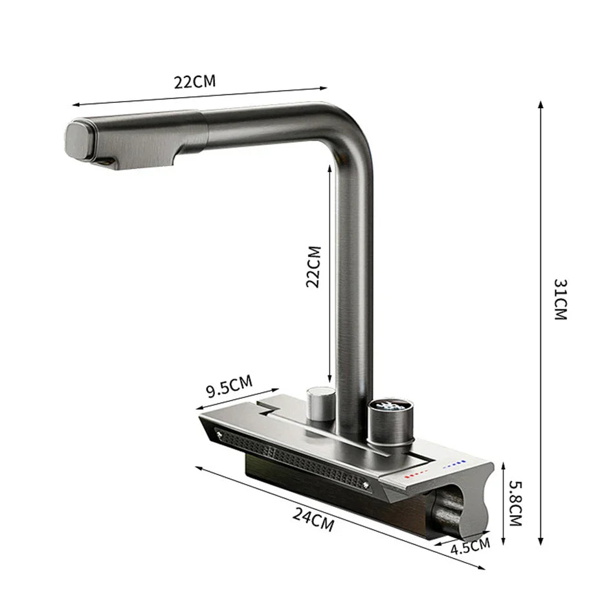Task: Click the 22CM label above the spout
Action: tap(194, 82)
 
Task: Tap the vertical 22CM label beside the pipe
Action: tap(314, 266)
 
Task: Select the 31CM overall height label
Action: tap(560, 299)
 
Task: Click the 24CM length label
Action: tap(313, 519)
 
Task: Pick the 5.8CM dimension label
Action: tap(515, 502)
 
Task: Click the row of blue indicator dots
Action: tap(453, 464)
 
